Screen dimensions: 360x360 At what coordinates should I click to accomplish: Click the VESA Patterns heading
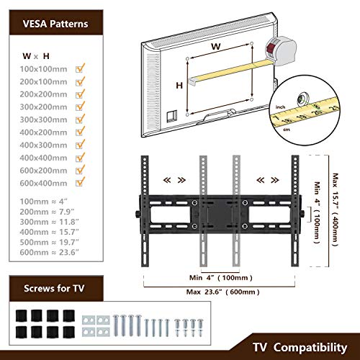(55, 24)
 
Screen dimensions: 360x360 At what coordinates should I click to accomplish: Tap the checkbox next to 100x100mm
(80, 68)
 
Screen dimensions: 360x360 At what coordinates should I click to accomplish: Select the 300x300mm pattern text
(43, 120)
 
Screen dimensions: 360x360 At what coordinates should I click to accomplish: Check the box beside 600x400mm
(80, 182)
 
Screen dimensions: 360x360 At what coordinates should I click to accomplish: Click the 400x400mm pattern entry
(43, 158)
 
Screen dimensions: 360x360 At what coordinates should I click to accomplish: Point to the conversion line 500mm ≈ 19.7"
(49, 242)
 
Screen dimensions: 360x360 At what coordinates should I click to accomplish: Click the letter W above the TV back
(216, 46)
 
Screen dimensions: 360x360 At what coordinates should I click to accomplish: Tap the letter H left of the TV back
(179, 85)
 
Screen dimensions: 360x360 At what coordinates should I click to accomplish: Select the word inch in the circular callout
(280, 107)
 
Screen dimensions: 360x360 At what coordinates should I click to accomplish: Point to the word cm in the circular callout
(287, 130)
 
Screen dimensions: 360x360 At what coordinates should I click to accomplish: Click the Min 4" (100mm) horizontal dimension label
(221, 278)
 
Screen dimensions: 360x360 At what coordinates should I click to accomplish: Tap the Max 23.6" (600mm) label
(223, 292)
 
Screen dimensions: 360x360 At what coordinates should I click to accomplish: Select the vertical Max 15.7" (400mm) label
(335, 210)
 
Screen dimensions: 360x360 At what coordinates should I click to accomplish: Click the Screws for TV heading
(54, 288)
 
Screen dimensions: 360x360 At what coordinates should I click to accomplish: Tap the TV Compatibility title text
(300, 347)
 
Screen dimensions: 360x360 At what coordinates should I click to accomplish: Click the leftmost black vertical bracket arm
(145, 211)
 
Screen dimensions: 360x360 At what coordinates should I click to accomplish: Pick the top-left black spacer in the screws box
(22, 315)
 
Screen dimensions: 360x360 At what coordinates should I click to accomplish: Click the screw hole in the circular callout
(303, 99)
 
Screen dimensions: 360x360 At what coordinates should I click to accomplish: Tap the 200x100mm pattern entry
(43, 81)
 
